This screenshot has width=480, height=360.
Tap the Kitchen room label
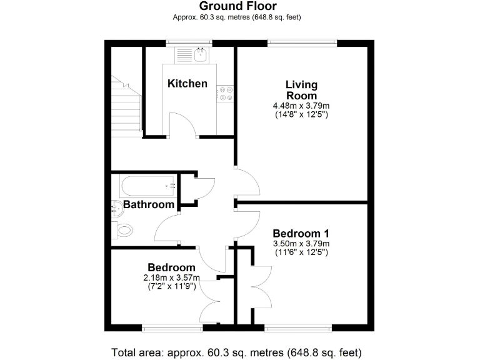coord(187,83)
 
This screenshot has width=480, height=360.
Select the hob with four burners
coord(226,93)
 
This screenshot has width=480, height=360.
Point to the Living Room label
coord(301,90)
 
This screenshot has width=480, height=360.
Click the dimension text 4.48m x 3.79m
coord(301,106)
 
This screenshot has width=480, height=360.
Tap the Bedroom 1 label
coord(301,233)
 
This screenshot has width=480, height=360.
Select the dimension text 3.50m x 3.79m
coord(301,243)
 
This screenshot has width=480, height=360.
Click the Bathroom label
coord(148,204)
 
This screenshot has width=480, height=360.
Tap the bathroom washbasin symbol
coord(116,207)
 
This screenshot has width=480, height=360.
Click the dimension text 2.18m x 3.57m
coord(171,277)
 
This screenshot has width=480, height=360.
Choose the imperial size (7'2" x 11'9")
coord(171,286)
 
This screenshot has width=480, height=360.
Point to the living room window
coord(302,42)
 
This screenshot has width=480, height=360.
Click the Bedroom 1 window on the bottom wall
coord(297,327)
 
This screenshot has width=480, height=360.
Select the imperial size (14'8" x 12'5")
coord(301,114)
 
